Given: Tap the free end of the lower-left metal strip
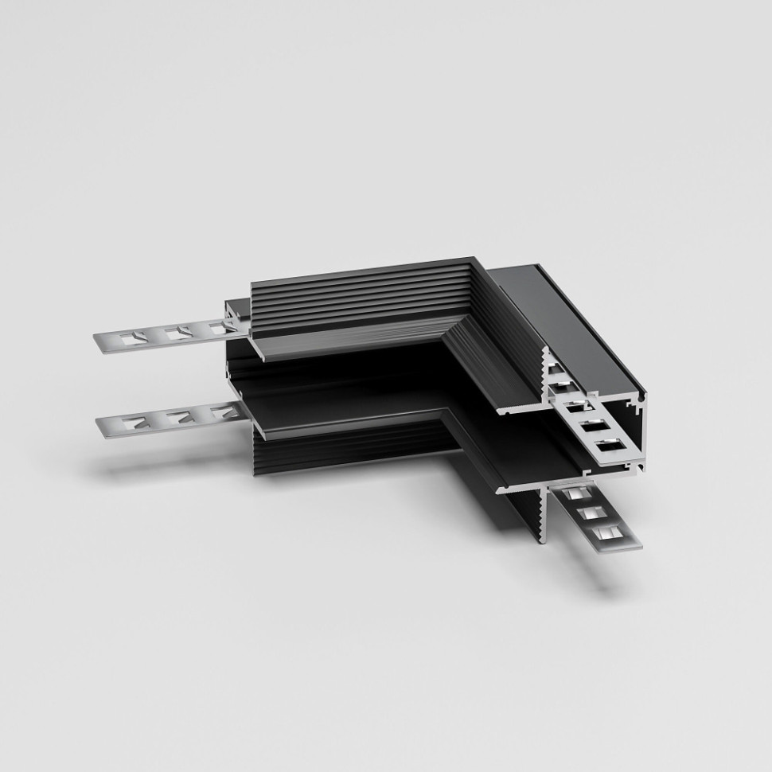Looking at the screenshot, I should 102,425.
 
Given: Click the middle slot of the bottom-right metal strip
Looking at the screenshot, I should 591,513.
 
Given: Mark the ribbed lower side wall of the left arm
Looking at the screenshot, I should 342,454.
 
